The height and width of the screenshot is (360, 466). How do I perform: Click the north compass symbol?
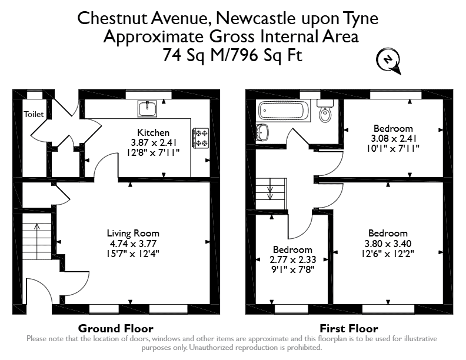tap(388, 61)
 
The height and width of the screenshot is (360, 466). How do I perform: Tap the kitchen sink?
tap(147, 109)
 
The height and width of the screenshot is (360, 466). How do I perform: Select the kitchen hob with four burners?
tap(201, 138)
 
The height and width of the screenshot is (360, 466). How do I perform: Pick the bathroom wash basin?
tap(262, 132)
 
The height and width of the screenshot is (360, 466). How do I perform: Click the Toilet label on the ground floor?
tap(34, 114)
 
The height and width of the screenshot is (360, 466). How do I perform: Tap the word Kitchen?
tap(154, 132)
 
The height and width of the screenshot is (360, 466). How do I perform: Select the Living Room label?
tap(133, 234)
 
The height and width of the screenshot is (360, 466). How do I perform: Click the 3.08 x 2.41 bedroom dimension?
tap(394, 138)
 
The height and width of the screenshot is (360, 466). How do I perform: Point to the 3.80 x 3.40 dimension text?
tap(388, 244)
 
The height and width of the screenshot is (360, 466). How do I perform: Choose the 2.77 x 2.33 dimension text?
tap(293, 260)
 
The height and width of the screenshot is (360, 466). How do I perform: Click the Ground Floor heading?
tap(115, 328)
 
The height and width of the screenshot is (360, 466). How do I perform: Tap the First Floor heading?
tap(349, 328)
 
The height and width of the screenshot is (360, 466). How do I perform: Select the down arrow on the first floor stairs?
tap(270, 189)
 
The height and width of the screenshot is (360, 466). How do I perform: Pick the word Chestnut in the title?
tap(113, 18)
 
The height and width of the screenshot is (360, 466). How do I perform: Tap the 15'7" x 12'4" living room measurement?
tap(133, 254)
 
